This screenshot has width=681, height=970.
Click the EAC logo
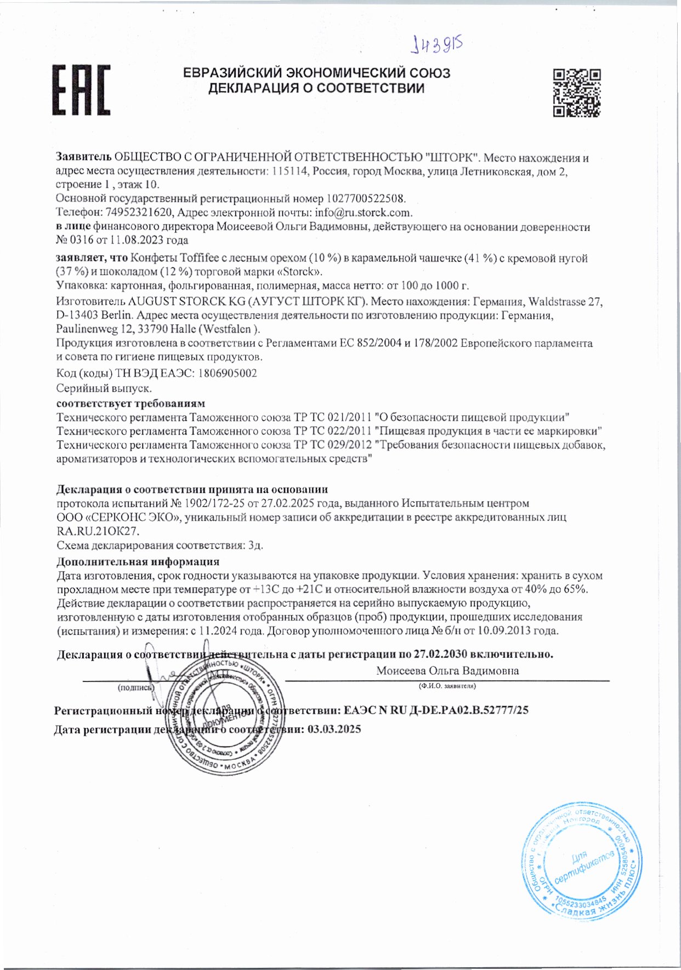pos(81,89)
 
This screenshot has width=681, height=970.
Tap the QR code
pos(576,93)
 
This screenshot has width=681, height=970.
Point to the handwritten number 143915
pos(437,44)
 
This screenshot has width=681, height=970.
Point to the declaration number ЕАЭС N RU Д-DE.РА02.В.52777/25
pos(436,710)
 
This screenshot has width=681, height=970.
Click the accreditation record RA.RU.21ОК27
pos(99,531)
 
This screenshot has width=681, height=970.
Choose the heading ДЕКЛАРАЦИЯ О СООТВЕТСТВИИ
pos(316,88)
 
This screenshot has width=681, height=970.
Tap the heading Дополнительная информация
pos(138,561)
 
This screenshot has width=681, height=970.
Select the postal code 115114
pos(290,171)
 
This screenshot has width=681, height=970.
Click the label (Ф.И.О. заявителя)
pos(447,686)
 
